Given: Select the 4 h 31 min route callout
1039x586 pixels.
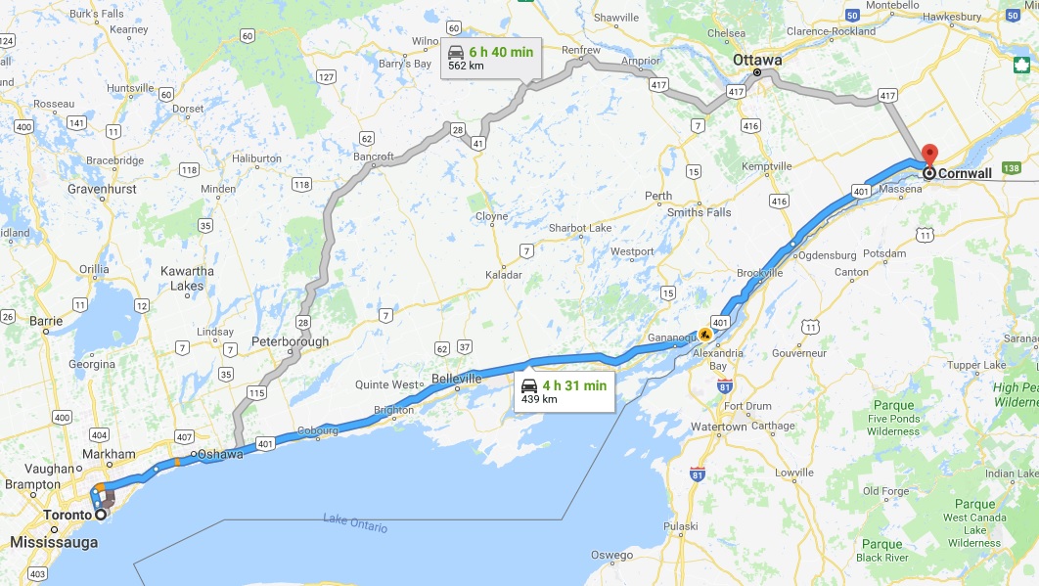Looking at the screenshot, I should (x=565, y=391).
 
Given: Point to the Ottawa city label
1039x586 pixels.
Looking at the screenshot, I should (x=758, y=60).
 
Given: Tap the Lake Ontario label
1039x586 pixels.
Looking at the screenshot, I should (x=355, y=523).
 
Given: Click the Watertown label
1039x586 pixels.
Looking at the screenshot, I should (x=719, y=427).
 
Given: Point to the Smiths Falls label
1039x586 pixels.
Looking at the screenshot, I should (x=699, y=212).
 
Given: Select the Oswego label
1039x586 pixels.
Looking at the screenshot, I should (x=611, y=555).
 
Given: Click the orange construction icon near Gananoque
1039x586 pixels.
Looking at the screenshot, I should (x=705, y=334).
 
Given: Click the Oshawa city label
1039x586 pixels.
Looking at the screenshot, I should (x=218, y=455).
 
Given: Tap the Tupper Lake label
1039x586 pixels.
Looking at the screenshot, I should (x=976, y=365).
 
